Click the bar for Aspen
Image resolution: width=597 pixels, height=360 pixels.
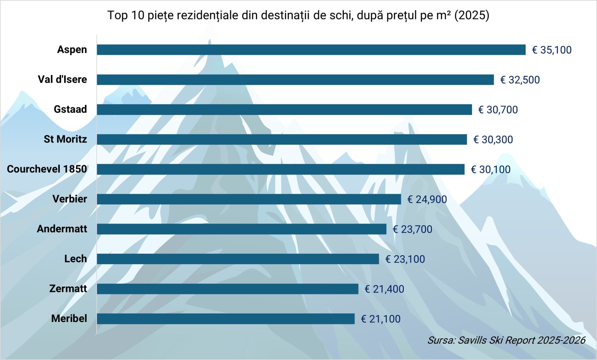pyautogui.click(x=311, y=50)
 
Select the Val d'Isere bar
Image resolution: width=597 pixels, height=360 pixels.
pyautogui.click(x=295, y=79)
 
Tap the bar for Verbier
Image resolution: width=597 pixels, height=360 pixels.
pyautogui.click(x=249, y=199)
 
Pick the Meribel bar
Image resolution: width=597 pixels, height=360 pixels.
pyautogui.click(x=225, y=319)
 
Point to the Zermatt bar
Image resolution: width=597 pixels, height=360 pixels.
pyautogui.click(x=227, y=289)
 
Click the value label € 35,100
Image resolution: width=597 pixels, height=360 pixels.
pyautogui.click(x=551, y=50)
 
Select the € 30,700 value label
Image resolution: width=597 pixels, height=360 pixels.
pyautogui.click(x=498, y=110)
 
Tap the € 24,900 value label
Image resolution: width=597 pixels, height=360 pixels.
pyautogui.click(x=427, y=199)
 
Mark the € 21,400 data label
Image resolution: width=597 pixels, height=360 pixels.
pyautogui.click(x=384, y=289)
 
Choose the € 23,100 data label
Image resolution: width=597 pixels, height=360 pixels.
pyautogui.click(x=405, y=259)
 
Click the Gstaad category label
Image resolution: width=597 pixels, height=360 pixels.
pyautogui.click(x=70, y=109)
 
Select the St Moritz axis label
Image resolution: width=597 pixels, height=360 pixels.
pyautogui.click(x=65, y=139)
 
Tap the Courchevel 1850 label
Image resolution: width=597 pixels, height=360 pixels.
pyautogui.click(x=47, y=169)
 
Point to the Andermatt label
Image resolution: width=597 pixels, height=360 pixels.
pyautogui.click(x=62, y=229)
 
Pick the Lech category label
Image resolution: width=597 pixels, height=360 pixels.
pyautogui.click(x=75, y=259)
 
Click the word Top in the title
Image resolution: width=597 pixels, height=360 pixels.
pyautogui.click(x=118, y=15)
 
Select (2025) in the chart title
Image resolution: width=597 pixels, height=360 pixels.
pyautogui.click(x=472, y=15)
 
